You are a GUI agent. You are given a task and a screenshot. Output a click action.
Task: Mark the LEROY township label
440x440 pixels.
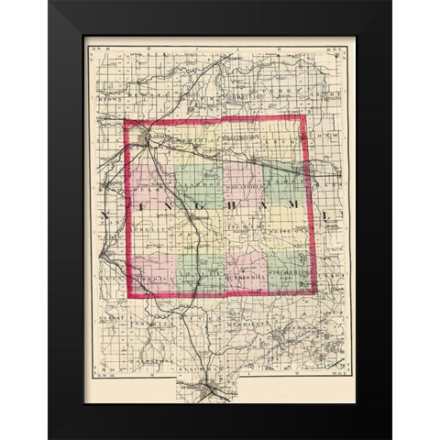coord(286,184)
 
